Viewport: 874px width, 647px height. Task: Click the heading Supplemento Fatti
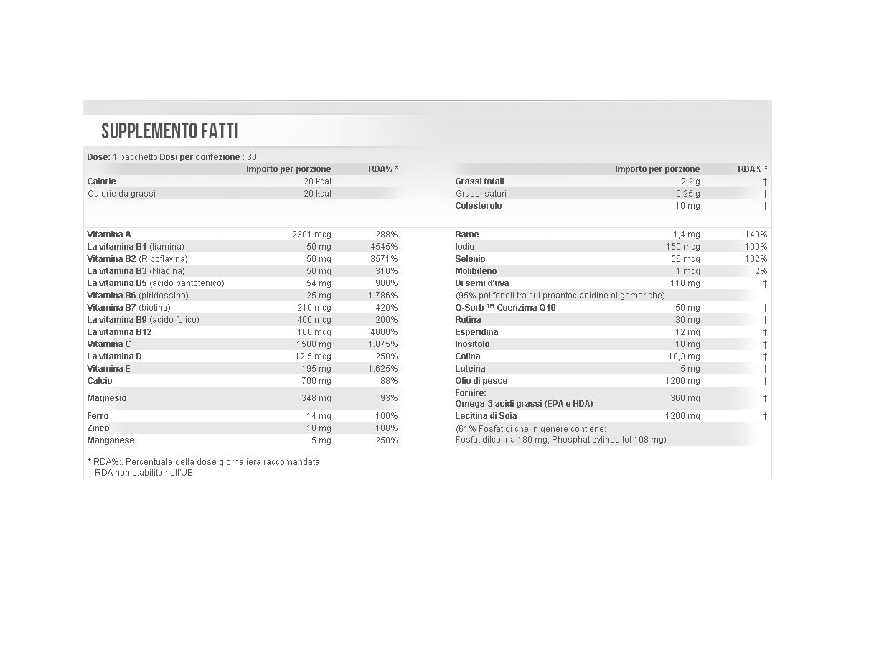pos(169,131)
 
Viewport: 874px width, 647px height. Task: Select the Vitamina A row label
pos(109,235)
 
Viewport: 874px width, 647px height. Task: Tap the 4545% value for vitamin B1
pos(384,247)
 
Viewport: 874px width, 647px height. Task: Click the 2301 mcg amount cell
pos(312,235)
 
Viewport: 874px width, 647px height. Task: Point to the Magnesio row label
pos(107,398)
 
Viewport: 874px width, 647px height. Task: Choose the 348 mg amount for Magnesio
pos(316,398)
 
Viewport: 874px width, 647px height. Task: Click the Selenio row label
pos(470,259)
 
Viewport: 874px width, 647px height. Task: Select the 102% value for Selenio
pos(756,259)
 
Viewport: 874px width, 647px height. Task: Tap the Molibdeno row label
pos(476,271)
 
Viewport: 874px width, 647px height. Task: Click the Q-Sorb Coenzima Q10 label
pos(505,308)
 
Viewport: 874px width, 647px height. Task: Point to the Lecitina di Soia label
pos(486,416)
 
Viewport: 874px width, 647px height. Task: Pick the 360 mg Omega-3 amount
pos(685,398)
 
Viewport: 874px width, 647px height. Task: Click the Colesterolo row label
pos(479,206)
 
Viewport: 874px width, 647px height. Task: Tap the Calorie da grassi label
pos(121,194)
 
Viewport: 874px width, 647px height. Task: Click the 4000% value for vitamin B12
pos(384,332)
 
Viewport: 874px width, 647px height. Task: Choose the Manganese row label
pos(111,440)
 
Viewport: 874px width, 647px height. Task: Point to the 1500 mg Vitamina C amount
pos(314,344)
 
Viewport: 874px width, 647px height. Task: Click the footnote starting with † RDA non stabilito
pos(141,473)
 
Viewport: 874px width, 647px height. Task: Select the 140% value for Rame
pos(756,235)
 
